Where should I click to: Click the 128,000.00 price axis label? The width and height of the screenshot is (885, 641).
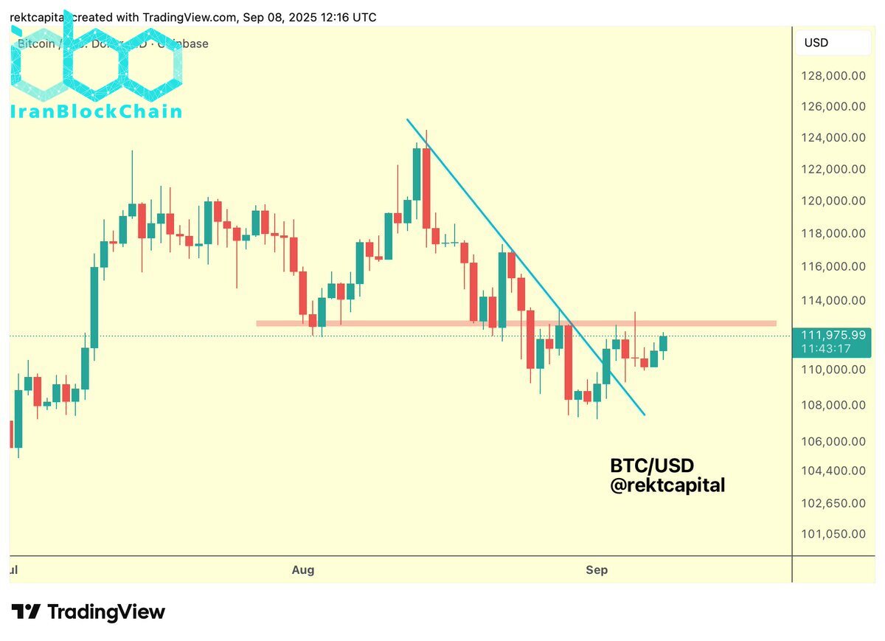[834, 75]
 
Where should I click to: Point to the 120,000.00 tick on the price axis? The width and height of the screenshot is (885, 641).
[834, 201]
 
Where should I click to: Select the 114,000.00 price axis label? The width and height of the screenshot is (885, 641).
[834, 300]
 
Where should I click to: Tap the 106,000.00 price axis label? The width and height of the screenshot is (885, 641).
[834, 441]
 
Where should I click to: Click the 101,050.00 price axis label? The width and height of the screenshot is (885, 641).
[834, 533]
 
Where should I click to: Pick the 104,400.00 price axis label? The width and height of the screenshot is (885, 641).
[834, 471]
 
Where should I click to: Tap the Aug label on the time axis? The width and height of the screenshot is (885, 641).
[303, 569]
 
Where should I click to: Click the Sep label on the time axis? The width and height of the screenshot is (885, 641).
[597, 569]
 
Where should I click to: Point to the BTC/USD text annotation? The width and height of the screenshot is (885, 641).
[652, 466]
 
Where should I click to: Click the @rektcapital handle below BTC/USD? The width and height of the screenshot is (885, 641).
[667, 485]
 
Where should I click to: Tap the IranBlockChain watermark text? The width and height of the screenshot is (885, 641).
[96, 111]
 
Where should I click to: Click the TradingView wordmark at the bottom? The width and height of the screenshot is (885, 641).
[106, 611]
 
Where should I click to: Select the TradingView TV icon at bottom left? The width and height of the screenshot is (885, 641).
[26, 611]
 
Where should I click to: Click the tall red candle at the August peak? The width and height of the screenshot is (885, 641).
[426, 188]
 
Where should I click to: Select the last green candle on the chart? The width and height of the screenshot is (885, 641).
[663, 343]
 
